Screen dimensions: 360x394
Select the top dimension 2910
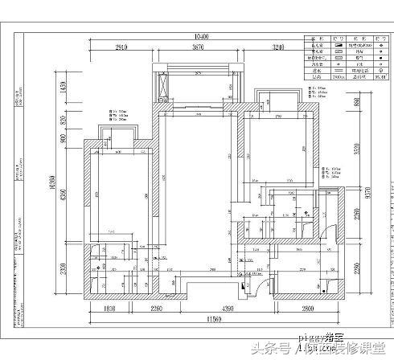[122, 50]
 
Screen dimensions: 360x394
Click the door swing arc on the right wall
[327, 228]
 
